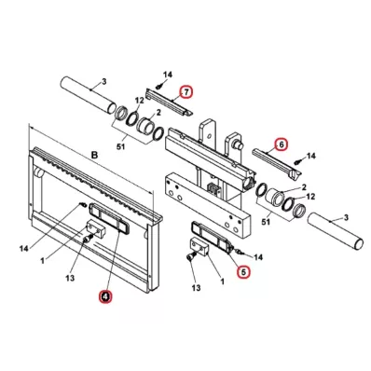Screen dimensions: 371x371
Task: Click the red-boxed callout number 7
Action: (x=186, y=92)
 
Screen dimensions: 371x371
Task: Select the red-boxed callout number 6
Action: (x=282, y=144)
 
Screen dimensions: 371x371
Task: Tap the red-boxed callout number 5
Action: (x=243, y=272)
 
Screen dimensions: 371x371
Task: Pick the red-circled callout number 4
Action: (x=105, y=296)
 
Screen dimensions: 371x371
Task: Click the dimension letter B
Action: (x=94, y=155)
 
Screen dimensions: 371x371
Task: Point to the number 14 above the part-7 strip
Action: (x=168, y=75)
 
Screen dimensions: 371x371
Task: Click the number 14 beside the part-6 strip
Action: (x=310, y=156)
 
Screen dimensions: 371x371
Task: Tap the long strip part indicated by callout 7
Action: (x=170, y=103)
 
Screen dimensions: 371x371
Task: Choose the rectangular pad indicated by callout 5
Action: (x=213, y=236)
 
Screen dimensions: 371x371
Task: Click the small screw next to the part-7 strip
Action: (x=160, y=85)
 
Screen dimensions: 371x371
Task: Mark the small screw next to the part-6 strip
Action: (x=297, y=161)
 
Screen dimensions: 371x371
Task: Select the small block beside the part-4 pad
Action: (x=96, y=228)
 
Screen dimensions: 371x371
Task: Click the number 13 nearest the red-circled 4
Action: (x=70, y=278)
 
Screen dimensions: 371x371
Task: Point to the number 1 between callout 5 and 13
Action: (x=222, y=282)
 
